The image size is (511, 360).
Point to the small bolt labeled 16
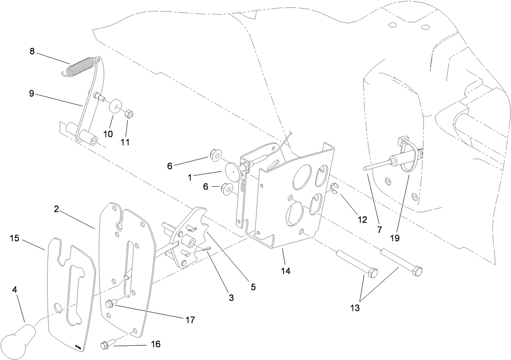[105, 345]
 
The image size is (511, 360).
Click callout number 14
[286, 270]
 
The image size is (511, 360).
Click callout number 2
[56, 209]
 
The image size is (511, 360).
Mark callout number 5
[253, 287]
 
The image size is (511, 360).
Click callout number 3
[231, 298]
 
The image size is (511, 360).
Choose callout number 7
[379, 230]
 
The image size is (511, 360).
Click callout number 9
[31, 93]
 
